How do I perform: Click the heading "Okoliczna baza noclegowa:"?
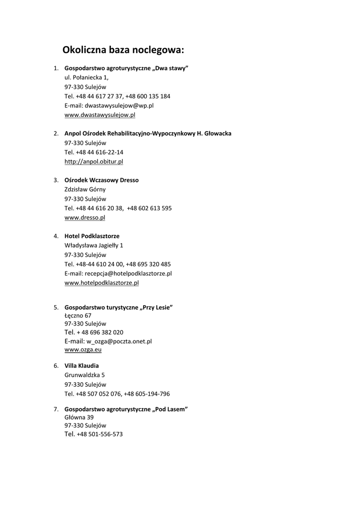pyautogui.click(x=123, y=50)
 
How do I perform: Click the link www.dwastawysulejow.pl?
pyautogui.click(x=100, y=115)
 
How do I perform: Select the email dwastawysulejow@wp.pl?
pyautogui.click(x=119, y=105)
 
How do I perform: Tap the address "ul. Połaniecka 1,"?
pyautogui.click(x=87, y=78)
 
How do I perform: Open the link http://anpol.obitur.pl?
pyautogui.click(x=94, y=162)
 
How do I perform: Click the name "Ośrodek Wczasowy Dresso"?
pyautogui.click(x=101, y=180)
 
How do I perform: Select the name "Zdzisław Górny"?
pyautogui.click(x=85, y=189)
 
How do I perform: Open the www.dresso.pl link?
pyautogui.click(x=85, y=217)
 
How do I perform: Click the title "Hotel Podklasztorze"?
pyautogui.click(x=92, y=236)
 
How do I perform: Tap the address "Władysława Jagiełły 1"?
pyautogui.click(x=94, y=246)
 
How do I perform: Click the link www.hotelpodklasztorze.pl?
pyautogui.click(x=101, y=283)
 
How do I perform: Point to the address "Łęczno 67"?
pyautogui.click(x=78, y=315)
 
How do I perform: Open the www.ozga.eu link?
pyautogui.click(x=83, y=350)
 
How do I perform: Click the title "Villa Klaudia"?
pyautogui.click(x=82, y=366)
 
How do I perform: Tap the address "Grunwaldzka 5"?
pyautogui.click(x=85, y=375)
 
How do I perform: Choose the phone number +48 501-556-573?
pyautogui.click(x=100, y=434)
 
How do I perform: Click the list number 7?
pyautogui.click(x=56, y=409)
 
